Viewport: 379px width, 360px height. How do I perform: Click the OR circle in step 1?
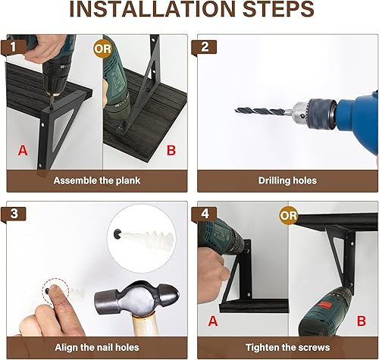point(103,47)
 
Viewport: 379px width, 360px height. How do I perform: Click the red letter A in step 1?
point(23,150)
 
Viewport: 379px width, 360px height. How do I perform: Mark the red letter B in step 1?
point(171,150)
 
